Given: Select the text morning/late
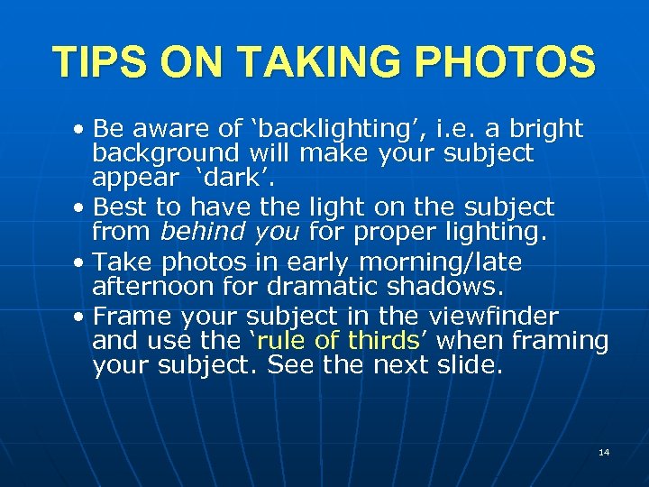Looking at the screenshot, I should click(440, 262).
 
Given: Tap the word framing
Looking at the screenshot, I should click(561, 343).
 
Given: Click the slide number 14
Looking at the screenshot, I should click(603, 452).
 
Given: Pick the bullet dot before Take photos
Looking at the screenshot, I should click(80, 263).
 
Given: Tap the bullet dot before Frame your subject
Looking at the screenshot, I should click(80, 317).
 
